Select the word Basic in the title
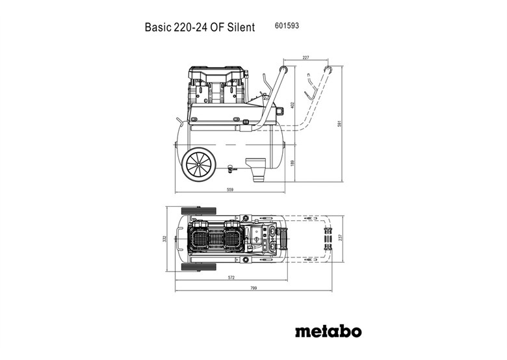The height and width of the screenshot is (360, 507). pyautogui.click(x=156, y=28)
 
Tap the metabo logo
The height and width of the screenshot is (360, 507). pyautogui.click(x=328, y=332)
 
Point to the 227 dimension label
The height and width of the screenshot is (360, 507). pyautogui.click(x=306, y=58)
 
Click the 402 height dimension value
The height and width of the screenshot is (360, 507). pyautogui.click(x=293, y=105)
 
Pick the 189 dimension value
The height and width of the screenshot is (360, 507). pyautogui.click(x=293, y=163)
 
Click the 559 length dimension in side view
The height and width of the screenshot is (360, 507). pyautogui.click(x=231, y=190)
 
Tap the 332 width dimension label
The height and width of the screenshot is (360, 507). pyautogui.click(x=166, y=238)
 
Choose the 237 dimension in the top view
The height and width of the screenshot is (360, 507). pyautogui.click(x=339, y=238)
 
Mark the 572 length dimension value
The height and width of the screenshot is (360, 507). pyautogui.click(x=231, y=278)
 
